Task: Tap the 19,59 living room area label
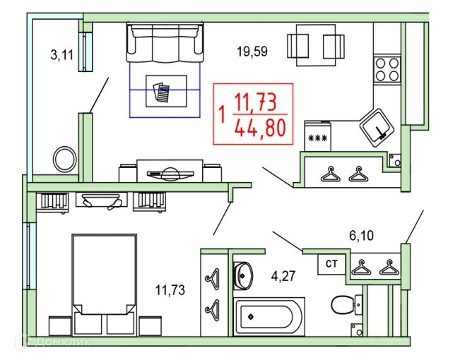pyautogui.click(x=252, y=51)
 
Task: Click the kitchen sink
pyautogui.click(x=377, y=126)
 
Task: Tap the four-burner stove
pyautogui.click(x=387, y=70)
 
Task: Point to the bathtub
pyautogui.click(x=269, y=316)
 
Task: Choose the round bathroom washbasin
pyautogui.click(x=243, y=275)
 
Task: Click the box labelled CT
pyautogui.click(x=331, y=264)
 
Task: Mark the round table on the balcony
pyautogui.click(x=65, y=158)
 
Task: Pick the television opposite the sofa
pyautogui.click(x=169, y=172)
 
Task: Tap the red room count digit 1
pyautogui.click(x=223, y=113)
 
